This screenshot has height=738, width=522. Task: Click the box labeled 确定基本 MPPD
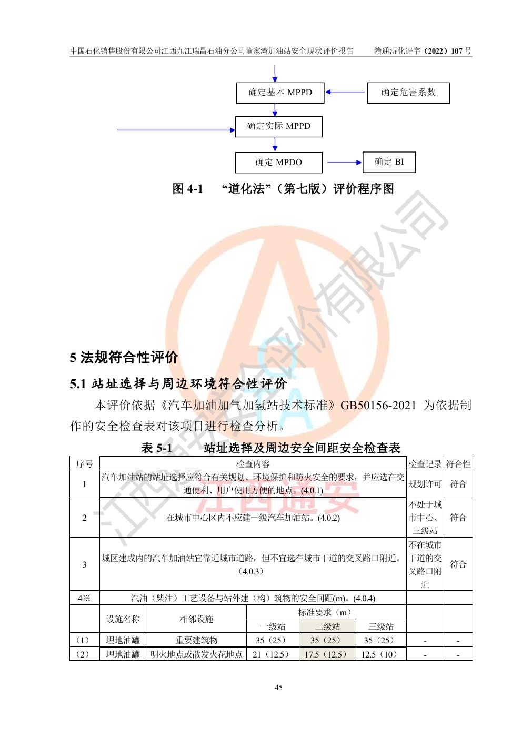pos(280,93)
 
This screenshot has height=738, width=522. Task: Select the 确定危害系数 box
pos(408,93)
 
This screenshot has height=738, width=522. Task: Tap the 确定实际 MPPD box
pos(278,126)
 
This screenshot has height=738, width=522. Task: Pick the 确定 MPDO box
pos(278,162)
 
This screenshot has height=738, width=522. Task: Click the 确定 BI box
pos(389,162)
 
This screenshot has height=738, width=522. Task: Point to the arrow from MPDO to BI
pos(344,163)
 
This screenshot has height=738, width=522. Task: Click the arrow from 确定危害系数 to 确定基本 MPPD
pos(345,92)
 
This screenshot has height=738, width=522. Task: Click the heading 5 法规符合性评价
pos(124,358)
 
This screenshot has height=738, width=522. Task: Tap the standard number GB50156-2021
pos(378,406)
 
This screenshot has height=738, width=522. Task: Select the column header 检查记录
pos(425,464)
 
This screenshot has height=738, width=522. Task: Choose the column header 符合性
pos(458,464)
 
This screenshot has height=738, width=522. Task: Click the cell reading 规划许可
pos(425,484)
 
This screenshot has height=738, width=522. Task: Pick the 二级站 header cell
pos(327,626)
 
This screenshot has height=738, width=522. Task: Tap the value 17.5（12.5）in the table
pos(327,654)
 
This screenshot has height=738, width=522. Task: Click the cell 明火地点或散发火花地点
pos(196,654)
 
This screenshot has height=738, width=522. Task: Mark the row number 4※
pos(84,598)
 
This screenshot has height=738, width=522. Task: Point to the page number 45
pos(278,688)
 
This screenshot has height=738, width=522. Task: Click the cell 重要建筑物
pos(196,640)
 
